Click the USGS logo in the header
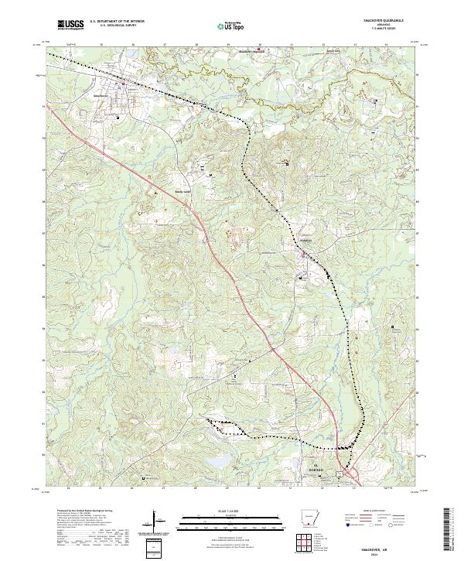(x=71, y=26)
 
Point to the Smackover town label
(x=121, y=95)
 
